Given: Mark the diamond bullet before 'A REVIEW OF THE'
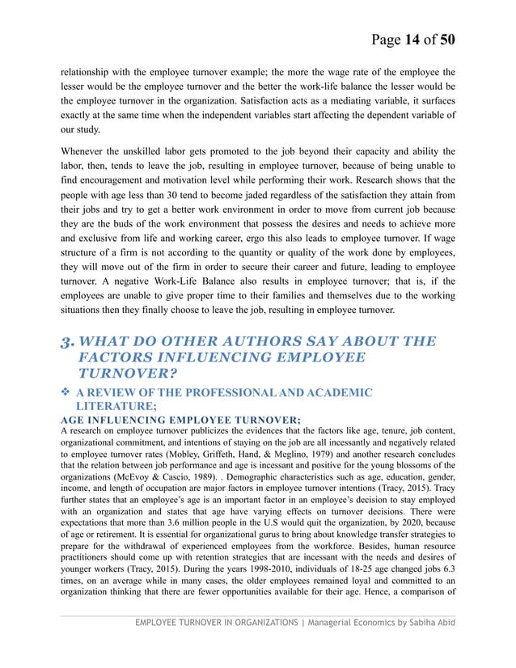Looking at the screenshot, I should coord(66,393).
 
